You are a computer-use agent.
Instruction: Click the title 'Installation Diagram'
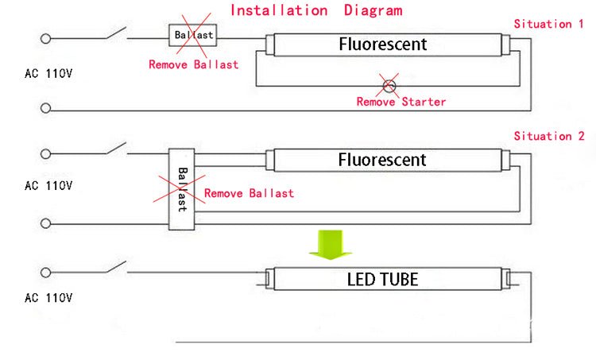[316, 10]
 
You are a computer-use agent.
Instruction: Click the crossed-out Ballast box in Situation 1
[194, 36]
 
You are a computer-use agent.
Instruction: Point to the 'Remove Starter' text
[401, 102]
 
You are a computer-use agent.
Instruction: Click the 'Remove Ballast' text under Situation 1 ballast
[193, 64]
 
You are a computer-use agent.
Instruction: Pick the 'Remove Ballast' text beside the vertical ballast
[249, 193]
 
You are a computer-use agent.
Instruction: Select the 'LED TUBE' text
[382, 279]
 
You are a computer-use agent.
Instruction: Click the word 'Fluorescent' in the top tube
[383, 44]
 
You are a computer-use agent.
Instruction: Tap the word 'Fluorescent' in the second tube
[383, 160]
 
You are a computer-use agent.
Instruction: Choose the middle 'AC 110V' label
[48, 186]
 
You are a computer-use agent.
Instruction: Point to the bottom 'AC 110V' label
[48, 298]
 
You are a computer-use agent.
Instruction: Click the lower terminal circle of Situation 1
[45, 108]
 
